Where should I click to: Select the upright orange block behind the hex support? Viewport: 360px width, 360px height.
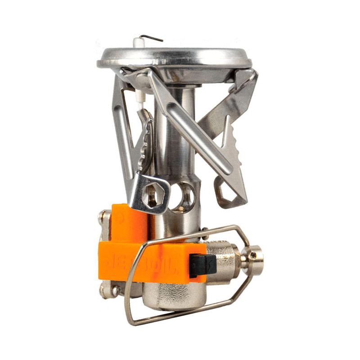[x=128, y=223]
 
